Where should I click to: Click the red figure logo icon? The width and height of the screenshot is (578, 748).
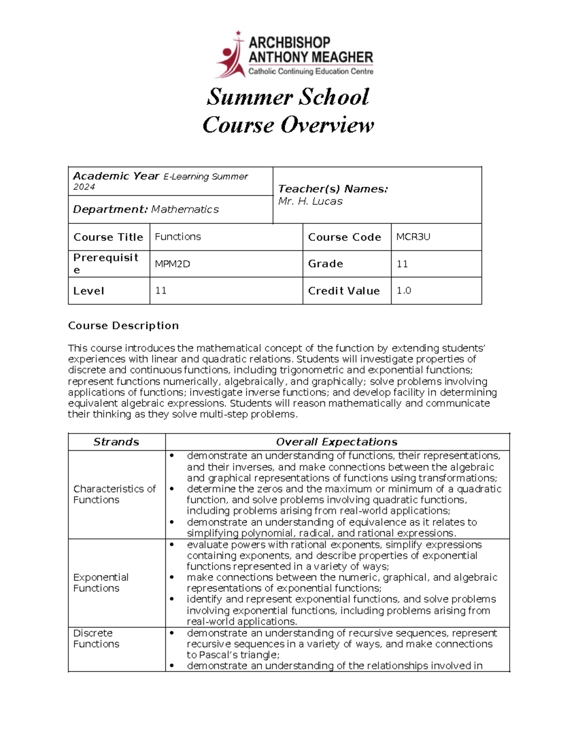coord(230,55)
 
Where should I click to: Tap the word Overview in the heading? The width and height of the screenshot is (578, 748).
coord(327,125)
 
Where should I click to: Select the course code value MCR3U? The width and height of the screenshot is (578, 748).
coord(413,236)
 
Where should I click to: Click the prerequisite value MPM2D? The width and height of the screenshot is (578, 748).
coord(172,264)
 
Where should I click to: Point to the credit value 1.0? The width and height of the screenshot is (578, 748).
coord(404,290)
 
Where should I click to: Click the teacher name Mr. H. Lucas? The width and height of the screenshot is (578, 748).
coord(310,201)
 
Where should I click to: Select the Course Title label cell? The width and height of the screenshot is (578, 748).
coord(108,237)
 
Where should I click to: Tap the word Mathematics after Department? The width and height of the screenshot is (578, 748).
coord(185,210)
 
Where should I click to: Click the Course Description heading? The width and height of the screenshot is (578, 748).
coord(123,326)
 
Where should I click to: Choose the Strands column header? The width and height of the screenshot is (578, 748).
coord(116,442)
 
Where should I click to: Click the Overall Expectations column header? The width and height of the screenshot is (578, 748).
coord(337,442)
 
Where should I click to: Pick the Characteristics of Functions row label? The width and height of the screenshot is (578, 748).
coord(114,494)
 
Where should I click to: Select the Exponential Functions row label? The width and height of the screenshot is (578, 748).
coord(101,583)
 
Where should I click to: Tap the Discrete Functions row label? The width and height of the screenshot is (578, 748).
coord(96,638)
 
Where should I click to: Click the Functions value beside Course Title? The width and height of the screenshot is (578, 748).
coord(178,236)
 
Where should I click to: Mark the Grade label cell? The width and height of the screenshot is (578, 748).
coord(326,264)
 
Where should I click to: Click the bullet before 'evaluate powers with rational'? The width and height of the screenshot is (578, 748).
coord(171,545)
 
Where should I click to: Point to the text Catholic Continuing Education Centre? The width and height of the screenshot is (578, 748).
coord(311,72)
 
